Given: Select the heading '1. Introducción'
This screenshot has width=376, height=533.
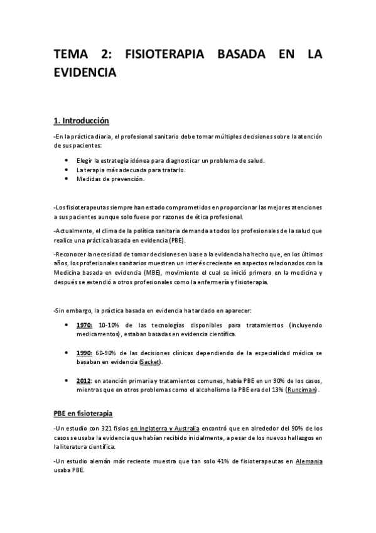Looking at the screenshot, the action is [82, 120].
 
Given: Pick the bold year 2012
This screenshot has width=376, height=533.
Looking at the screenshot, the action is [84, 381].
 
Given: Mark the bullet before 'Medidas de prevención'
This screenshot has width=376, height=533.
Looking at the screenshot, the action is [67, 179].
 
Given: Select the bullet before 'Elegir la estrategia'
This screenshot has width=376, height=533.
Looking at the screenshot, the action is [67, 160].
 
